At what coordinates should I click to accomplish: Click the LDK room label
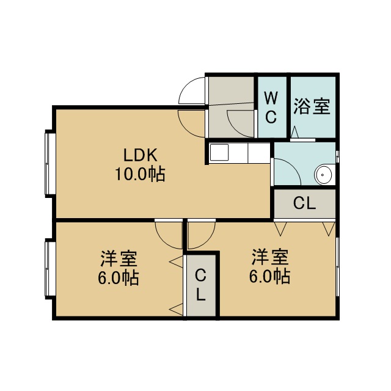[141, 155]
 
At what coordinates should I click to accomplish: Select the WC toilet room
[272, 107]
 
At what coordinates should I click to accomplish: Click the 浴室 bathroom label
[312, 106]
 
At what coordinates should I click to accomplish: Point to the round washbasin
[324, 175]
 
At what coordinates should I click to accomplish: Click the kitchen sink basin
[219, 152]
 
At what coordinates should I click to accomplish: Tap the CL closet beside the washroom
[305, 203]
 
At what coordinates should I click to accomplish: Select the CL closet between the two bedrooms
[201, 285]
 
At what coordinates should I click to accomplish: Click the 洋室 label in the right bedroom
[270, 257]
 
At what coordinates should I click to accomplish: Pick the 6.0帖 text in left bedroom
[119, 277]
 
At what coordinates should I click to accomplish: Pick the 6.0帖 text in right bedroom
[270, 276]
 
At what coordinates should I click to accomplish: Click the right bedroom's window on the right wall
[337, 267]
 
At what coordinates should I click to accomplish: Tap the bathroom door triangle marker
[295, 132]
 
